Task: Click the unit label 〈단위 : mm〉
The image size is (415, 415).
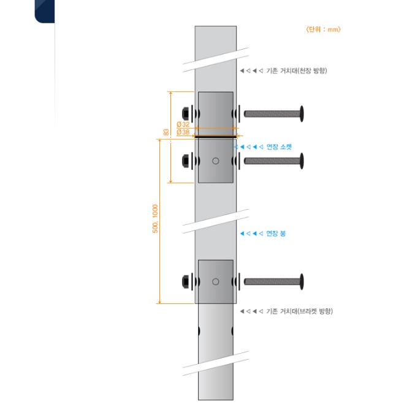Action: click(x=323, y=29)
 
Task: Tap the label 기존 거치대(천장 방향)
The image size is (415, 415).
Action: click(x=297, y=70)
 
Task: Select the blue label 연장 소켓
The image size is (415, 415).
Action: click(x=279, y=147)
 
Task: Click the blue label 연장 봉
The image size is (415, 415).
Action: click(x=276, y=233)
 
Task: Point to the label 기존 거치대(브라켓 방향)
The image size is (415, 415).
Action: click(x=299, y=311)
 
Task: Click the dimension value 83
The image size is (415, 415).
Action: click(x=166, y=132)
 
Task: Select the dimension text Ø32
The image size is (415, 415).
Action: click(x=183, y=124)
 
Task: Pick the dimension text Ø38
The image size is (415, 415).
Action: click(x=183, y=132)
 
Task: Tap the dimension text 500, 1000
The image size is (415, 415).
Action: click(x=155, y=219)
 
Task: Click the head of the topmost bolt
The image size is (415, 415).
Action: click(x=302, y=114)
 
